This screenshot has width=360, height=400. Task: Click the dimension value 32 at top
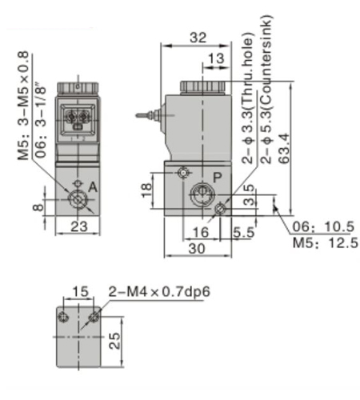[x=198, y=37]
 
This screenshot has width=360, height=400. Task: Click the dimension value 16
[x=199, y=232]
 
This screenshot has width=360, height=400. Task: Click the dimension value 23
[x=78, y=227]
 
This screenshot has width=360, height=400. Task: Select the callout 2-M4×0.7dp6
[x=158, y=291]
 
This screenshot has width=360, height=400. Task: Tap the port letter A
[x=93, y=186]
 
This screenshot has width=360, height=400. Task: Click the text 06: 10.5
[x=324, y=226]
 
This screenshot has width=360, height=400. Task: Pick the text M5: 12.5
[x=324, y=242]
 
